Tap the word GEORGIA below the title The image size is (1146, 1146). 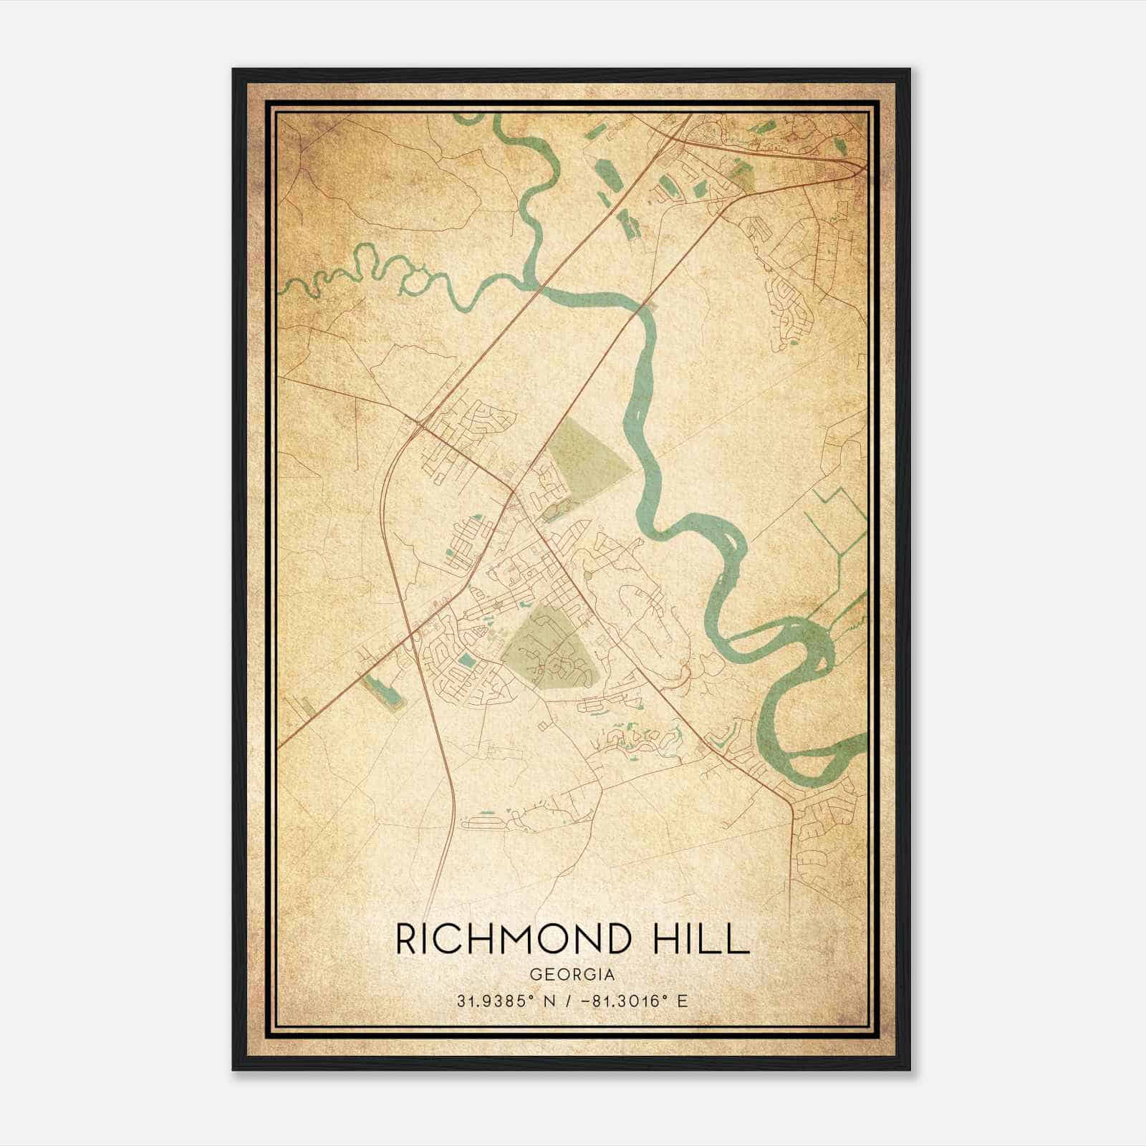[x=572, y=974]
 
